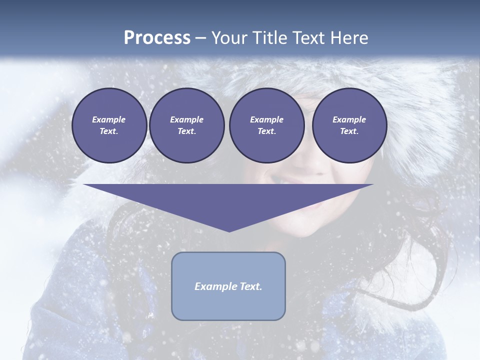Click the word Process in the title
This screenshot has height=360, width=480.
tap(157, 38)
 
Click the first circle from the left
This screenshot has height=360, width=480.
tap(109, 125)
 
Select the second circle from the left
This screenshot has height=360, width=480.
tap(187, 125)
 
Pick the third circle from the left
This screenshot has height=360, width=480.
tap(267, 125)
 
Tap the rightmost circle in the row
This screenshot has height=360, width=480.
tap(349, 125)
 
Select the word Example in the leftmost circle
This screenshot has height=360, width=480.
tap(109, 119)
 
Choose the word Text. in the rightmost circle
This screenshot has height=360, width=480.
tap(349, 131)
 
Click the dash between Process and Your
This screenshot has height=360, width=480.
tap(200, 38)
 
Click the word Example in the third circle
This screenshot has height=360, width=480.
tap(267, 119)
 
